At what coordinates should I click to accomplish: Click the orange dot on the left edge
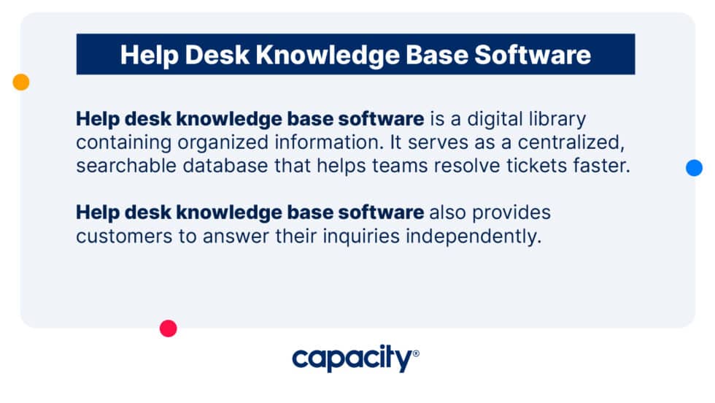[x=21, y=82]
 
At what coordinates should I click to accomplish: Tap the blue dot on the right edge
[x=694, y=168]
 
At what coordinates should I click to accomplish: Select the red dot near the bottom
[x=169, y=329]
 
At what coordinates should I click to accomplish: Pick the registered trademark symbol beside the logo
[x=416, y=353]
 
